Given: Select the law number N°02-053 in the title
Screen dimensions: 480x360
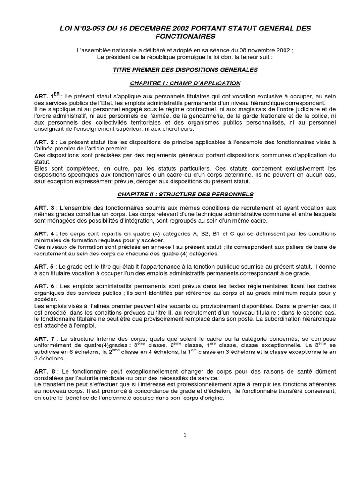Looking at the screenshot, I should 87,28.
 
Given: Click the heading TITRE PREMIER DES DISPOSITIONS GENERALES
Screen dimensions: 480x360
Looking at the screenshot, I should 180,70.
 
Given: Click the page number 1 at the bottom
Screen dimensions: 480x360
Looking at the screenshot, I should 186,435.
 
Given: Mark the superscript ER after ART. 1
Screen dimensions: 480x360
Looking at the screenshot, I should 57,94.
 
